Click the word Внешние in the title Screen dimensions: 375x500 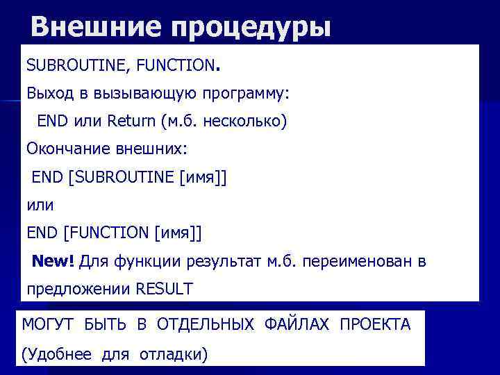tap(92, 27)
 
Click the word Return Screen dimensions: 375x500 tap(131, 121)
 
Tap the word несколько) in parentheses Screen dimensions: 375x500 tap(246, 121)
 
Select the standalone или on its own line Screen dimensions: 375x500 tap(40, 206)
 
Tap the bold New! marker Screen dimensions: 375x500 tap(53, 261)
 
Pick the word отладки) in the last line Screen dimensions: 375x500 tap(173, 354)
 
